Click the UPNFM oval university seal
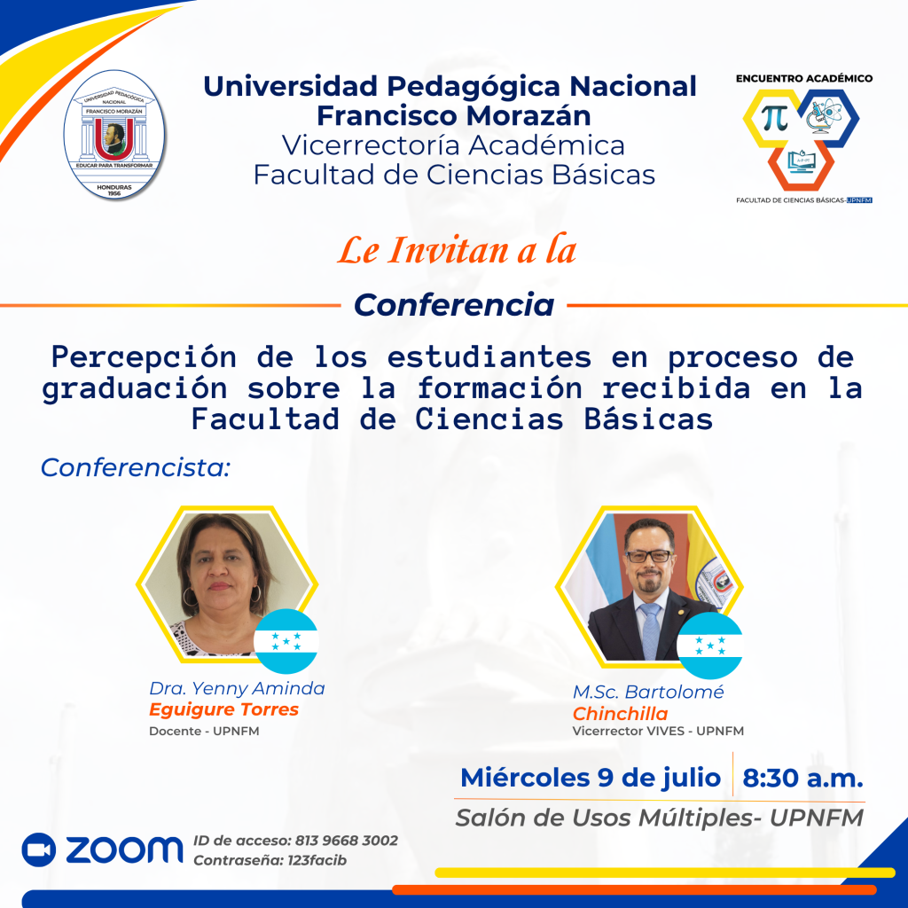(x=114, y=135)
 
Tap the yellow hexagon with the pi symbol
(x=773, y=118)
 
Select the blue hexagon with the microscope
(x=828, y=118)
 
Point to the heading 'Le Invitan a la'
(x=457, y=251)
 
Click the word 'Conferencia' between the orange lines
(x=454, y=305)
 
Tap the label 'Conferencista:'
(x=136, y=468)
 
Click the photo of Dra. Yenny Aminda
(x=227, y=584)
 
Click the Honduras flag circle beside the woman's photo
(x=286, y=642)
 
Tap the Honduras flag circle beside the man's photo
(x=710, y=646)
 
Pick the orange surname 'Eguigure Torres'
(x=224, y=709)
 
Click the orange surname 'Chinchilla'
(x=620, y=714)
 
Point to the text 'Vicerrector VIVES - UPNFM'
(x=658, y=731)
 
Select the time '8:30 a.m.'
(x=802, y=778)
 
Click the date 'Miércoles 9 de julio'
(x=591, y=778)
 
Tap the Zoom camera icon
(x=39, y=849)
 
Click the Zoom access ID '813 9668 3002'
(x=347, y=841)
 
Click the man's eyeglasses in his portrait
(x=648, y=556)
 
